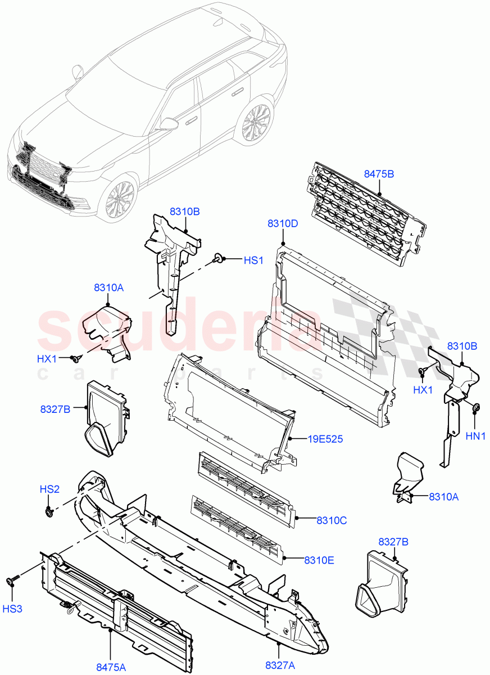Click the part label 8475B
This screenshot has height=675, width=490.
tap(379, 174)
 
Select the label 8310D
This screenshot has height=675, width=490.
tap(283, 223)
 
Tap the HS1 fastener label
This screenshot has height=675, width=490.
tap(253, 260)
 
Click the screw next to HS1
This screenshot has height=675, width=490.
tap(217, 259)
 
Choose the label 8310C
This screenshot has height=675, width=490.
tap(331, 520)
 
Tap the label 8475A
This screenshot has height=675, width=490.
tap(111, 667)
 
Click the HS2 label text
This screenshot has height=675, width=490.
tap(49, 489)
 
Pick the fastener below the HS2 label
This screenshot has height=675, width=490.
tap(49, 511)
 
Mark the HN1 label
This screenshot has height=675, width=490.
tap(475, 435)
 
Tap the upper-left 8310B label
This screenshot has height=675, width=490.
tap(185, 211)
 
